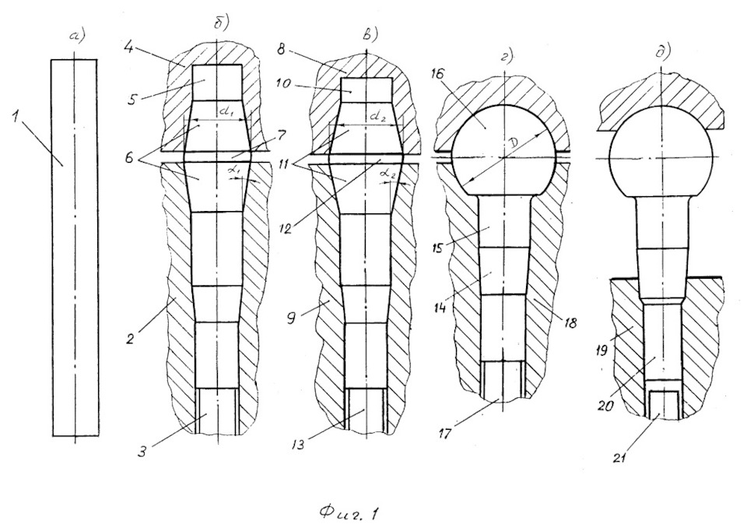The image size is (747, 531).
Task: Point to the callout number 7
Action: click(x=281, y=136)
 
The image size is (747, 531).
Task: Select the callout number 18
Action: click(x=570, y=322)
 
